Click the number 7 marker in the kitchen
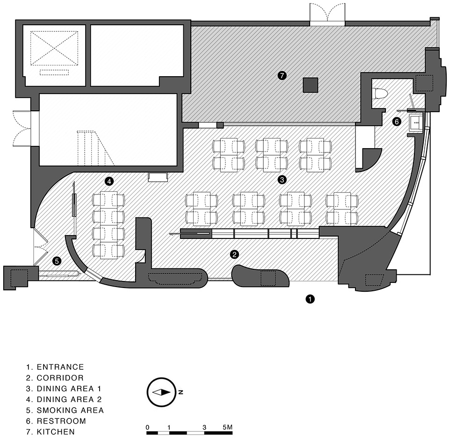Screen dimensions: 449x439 (x=282, y=76)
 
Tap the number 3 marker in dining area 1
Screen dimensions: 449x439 (x=282, y=180)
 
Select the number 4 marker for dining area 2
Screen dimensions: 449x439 (x=109, y=181)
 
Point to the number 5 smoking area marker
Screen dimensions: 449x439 (x=57, y=261)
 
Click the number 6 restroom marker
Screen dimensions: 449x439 (x=397, y=122)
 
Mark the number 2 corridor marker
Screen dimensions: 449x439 (x=234, y=254)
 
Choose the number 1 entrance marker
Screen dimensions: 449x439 (x=310, y=299)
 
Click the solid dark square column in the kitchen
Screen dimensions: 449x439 (x=311, y=85)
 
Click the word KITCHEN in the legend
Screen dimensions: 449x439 (x=56, y=432)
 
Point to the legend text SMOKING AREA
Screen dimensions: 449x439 (x=70, y=410)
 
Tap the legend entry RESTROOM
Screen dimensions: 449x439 (x=61, y=421)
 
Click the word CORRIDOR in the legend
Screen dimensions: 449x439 (x=60, y=378)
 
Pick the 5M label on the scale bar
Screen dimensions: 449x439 (x=228, y=427)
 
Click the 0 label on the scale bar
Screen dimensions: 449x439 (x=147, y=428)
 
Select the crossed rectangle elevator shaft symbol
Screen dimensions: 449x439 (x=54, y=48)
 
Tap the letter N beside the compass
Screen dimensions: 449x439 (x=181, y=393)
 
